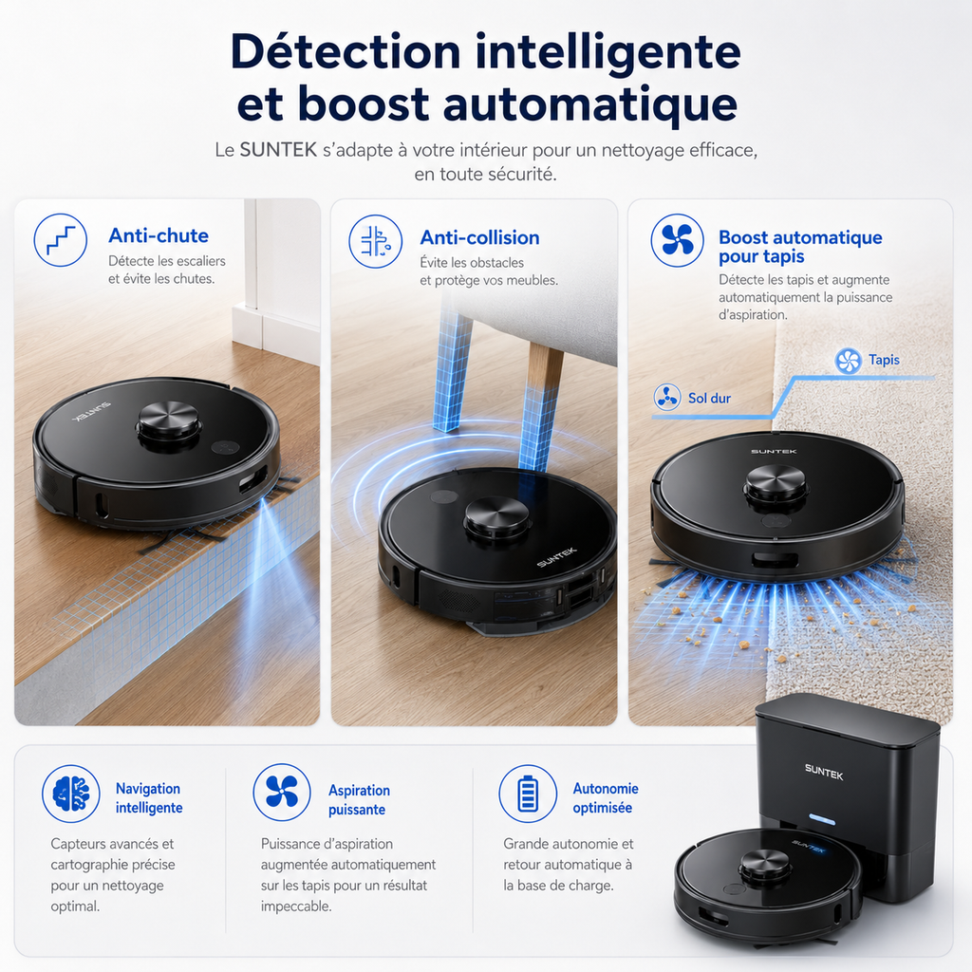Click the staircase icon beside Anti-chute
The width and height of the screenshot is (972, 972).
[60, 240]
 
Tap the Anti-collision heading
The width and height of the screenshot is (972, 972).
[479, 237]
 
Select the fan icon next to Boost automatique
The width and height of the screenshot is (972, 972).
[677, 240]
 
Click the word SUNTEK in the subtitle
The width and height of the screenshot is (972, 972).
[278, 150]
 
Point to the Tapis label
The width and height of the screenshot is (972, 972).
[884, 360]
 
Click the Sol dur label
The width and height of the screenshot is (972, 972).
[709, 398]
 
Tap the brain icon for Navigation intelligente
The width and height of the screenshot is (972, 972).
[70, 794]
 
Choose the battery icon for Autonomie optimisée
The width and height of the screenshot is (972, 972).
[528, 794]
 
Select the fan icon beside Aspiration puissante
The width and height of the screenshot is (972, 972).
[282, 793]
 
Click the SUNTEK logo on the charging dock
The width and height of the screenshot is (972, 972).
[824, 772]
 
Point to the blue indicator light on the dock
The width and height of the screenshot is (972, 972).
[822, 820]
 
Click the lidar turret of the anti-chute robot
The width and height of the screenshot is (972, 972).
[169, 422]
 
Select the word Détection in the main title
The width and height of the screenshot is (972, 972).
[346, 52]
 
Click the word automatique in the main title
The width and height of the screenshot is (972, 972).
[590, 104]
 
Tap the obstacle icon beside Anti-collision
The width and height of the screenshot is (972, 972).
[376, 241]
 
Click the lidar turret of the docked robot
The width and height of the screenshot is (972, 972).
[765, 866]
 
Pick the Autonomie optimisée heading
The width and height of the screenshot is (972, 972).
[605, 797]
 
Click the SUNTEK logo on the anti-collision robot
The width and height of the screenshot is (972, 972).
[556, 556]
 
